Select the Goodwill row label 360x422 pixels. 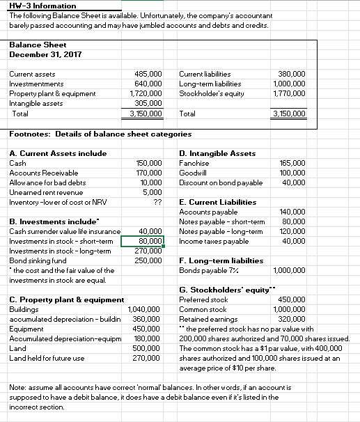[x=191, y=172]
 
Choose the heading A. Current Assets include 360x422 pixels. [x=58, y=153]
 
